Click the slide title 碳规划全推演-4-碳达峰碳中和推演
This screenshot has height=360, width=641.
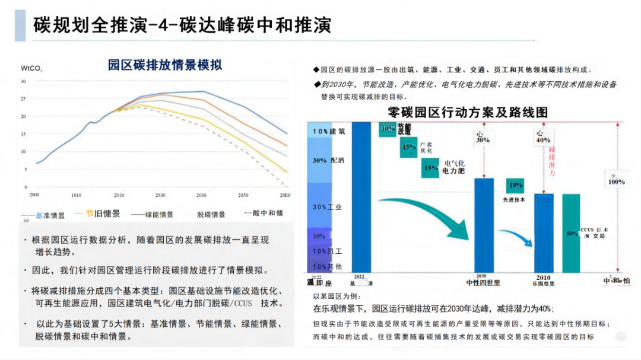point(182,26)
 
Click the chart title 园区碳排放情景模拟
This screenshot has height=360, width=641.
point(164,65)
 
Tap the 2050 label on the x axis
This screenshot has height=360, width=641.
point(243,195)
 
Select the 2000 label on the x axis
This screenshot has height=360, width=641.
point(34,195)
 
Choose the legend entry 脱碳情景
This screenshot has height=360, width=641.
point(211,215)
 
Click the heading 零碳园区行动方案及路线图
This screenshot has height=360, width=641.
point(467,112)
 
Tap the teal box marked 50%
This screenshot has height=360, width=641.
point(572,234)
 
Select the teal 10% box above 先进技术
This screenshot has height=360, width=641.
point(516,185)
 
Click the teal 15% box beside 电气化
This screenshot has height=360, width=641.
point(431,168)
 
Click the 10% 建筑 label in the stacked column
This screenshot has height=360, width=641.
point(329,130)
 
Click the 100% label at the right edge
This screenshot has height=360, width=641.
point(616,181)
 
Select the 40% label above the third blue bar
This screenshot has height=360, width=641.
point(542,141)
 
